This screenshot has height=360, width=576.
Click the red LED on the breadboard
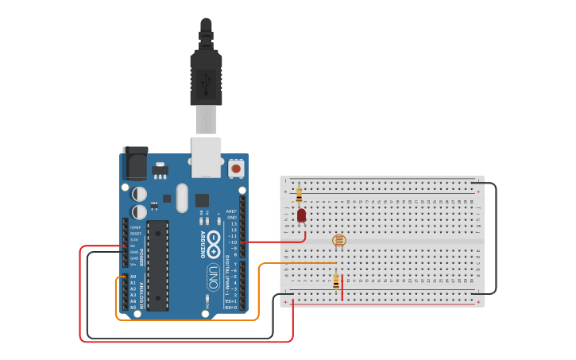pyautogui.click(x=301, y=215)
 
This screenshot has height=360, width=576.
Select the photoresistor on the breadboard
pyautogui.click(x=339, y=240)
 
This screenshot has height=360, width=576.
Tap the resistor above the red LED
pyautogui.click(x=299, y=192)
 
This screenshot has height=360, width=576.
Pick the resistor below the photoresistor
pyautogui.click(x=336, y=281)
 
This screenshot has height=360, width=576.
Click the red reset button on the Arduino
pyautogui.click(x=236, y=168)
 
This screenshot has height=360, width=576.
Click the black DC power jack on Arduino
pyautogui.click(x=135, y=164)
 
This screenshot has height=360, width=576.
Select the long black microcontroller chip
pyautogui.click(x=157, y=265)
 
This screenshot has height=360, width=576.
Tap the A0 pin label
pyautogui.click(x=133, y=277)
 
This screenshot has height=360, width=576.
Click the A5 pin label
pyautogui.click(x=133, y=307)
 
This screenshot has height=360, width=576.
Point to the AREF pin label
pyautogui.click(x=231, y=211)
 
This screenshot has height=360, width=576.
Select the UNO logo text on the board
pyautogui.click(x=213, y=277)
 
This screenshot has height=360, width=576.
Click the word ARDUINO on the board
pyautogui.click(x=203, y=244)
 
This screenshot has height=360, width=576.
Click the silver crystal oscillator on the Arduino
pyautogui.click(x=182, y=198)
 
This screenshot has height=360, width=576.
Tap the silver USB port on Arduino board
pyautogui.click(x=206, y=157)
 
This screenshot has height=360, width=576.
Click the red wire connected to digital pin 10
pyautogui.click(x=274, y=241)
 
